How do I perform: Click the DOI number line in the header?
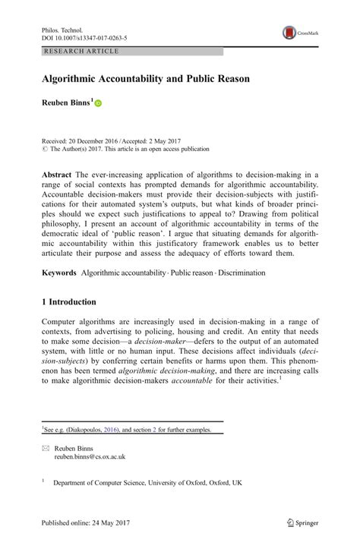(83, 36)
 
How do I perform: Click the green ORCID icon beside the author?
(97, 103)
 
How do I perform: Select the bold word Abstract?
(57, 174)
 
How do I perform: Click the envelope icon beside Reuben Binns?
(44, 449)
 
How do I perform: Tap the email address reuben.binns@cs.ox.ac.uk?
(89, 457)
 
